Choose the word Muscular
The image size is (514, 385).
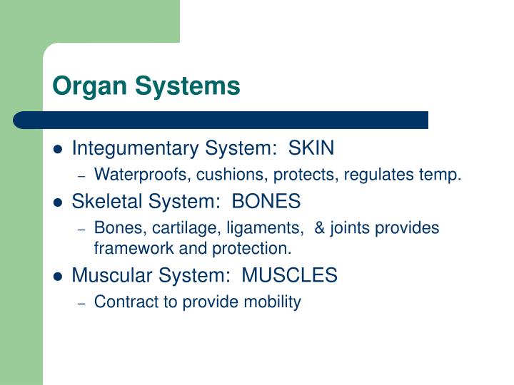106,275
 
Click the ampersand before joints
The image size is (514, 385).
318,229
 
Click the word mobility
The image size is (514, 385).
275,302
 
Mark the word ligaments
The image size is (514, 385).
263,229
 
